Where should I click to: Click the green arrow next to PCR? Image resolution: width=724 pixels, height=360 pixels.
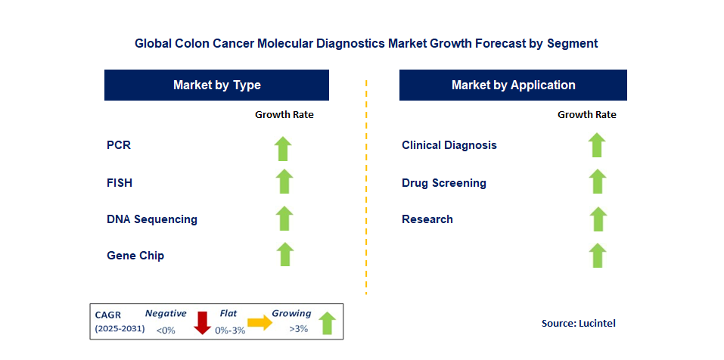coord(283,149)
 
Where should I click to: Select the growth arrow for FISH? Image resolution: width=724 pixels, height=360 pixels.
coord(284,182)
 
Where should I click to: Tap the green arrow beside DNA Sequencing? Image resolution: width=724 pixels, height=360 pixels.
coord(284,219)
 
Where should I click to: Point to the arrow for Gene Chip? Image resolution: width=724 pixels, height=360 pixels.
coord(285,254)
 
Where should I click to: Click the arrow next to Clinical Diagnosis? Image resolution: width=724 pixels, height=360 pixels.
coord(597,145)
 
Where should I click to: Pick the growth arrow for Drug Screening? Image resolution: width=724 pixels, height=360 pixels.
coord(598,182)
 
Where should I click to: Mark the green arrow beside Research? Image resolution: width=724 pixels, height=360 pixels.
coord(598,219)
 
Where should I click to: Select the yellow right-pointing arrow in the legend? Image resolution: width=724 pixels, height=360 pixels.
coord(260,323)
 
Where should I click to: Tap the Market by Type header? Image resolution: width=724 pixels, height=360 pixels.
coord(216,85)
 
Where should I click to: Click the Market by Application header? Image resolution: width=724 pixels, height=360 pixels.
coord(513,85)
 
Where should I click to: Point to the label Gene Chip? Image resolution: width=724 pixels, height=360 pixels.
coord(135,255)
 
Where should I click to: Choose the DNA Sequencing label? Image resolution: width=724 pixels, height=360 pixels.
coord(152,219)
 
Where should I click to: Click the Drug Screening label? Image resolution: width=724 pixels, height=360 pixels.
coord(444,183)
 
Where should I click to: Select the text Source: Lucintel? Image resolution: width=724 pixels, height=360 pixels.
coord(579,324)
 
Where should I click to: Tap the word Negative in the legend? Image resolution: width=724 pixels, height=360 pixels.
coord(166,313)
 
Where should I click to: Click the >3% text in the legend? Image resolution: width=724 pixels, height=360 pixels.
coord(299,329)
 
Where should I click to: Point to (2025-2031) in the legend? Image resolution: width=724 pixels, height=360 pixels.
coord(120,329)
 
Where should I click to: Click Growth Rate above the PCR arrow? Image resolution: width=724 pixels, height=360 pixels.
coord(284,115)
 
